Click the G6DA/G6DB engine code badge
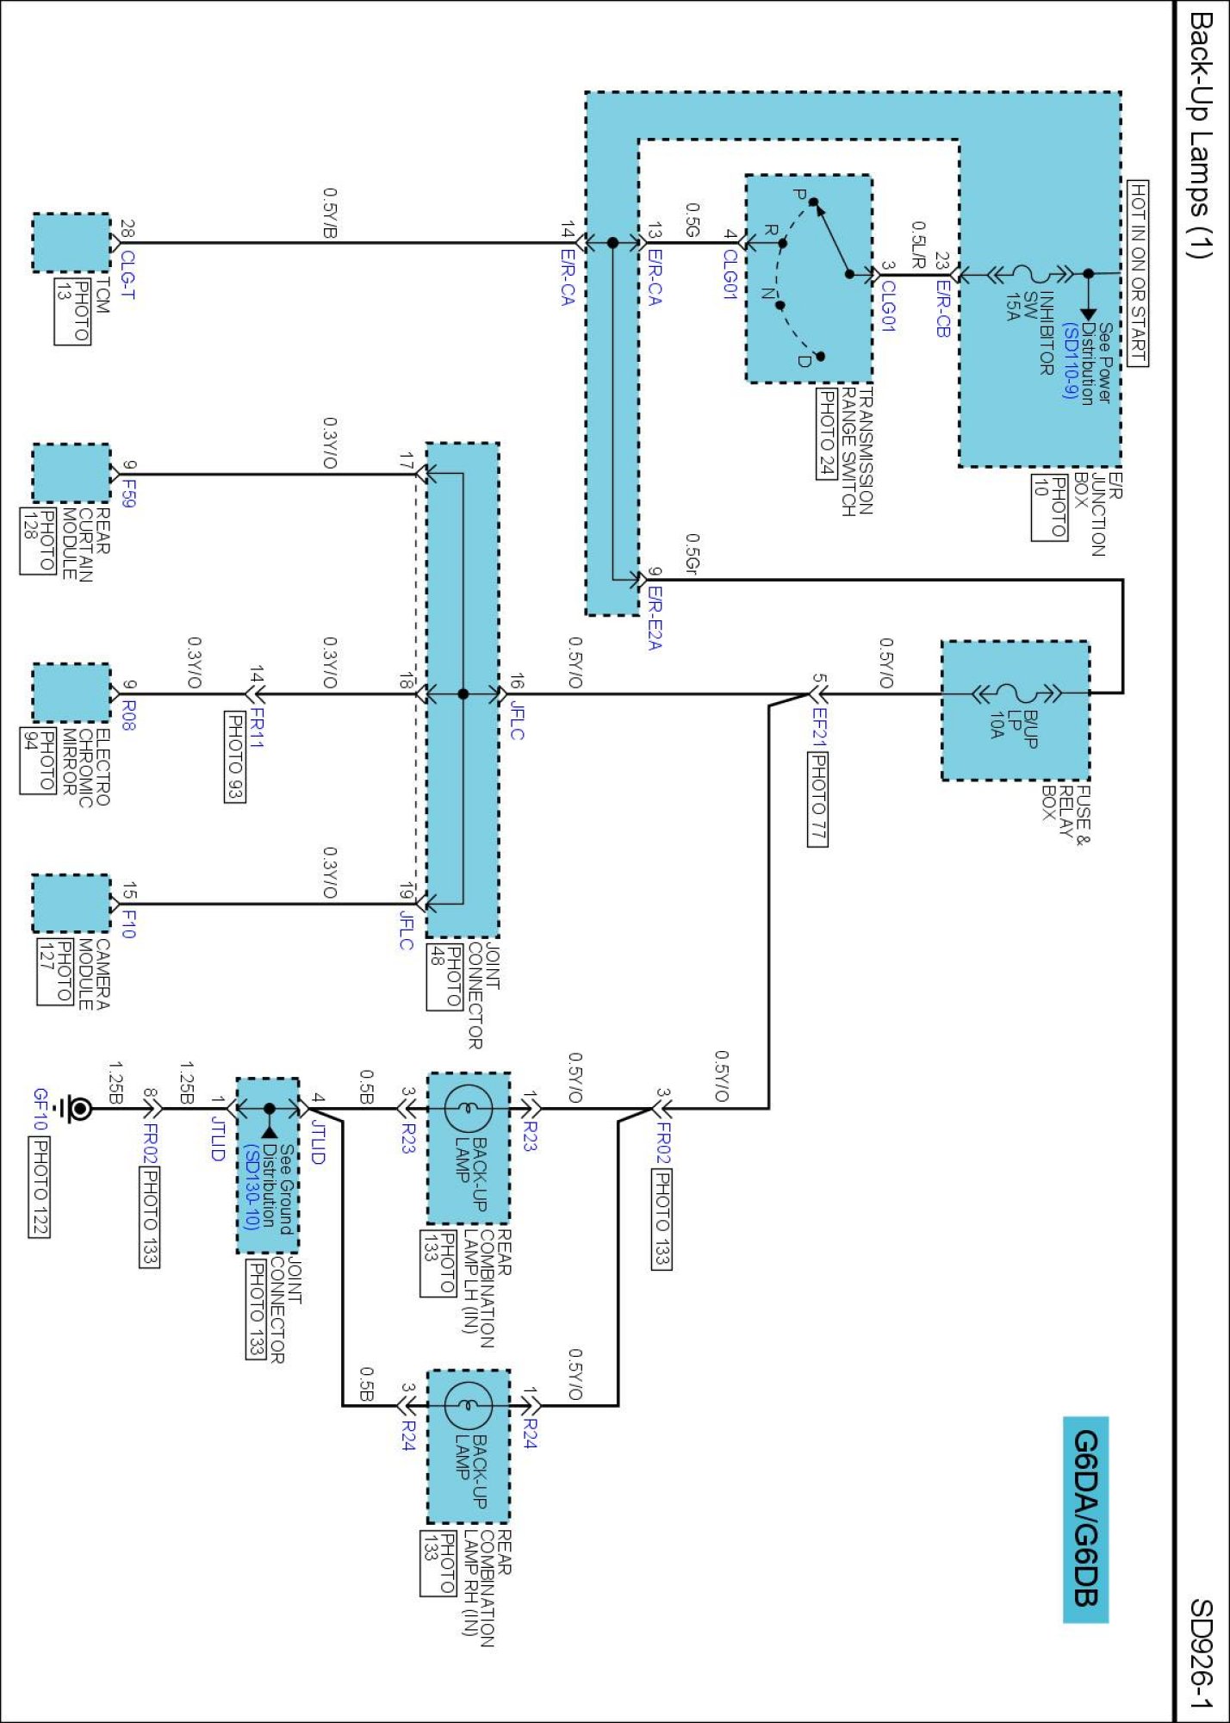1085,1519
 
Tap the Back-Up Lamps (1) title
1200,134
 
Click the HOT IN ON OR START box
1138,273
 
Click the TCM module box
71,242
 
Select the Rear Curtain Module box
71,473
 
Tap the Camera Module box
71,903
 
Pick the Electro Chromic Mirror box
71,693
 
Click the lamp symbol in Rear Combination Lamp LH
469,1108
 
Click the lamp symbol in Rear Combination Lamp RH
469,1405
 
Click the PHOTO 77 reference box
817,799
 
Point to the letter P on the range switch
799,195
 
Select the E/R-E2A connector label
655,618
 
